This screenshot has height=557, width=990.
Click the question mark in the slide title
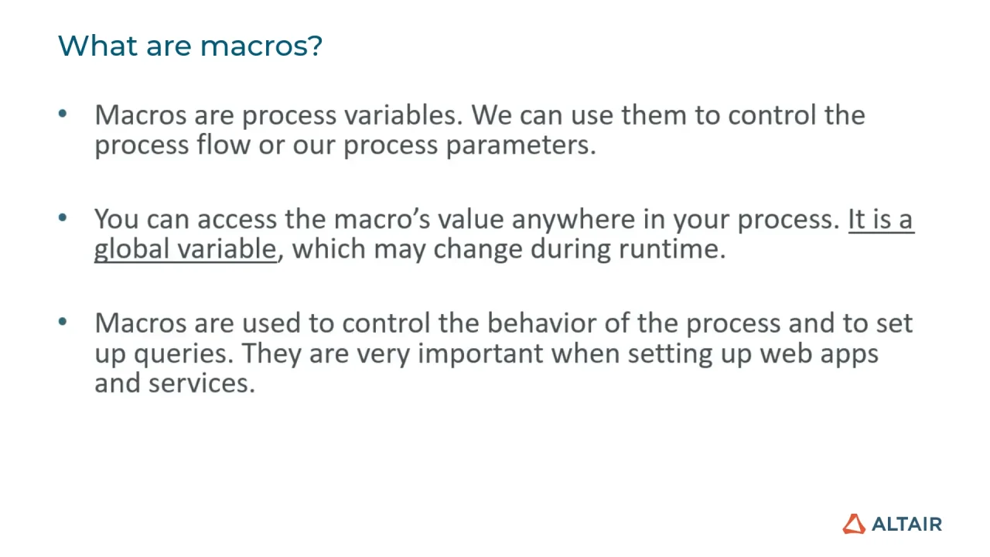coord(314,46)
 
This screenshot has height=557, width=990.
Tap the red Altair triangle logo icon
coord(854,524)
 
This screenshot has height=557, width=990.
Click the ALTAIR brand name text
coord(906,524)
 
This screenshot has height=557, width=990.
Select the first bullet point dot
coord(63,114)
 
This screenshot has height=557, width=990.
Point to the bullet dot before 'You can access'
coord(63,218)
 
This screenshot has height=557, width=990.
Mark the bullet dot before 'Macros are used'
coord(63,322)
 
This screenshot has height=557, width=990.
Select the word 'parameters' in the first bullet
coord(521,145)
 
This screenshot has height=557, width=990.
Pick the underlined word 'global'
coord(132,249)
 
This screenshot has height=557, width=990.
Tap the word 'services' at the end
coord(201,383)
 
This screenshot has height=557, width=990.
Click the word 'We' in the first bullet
coord(491,115)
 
